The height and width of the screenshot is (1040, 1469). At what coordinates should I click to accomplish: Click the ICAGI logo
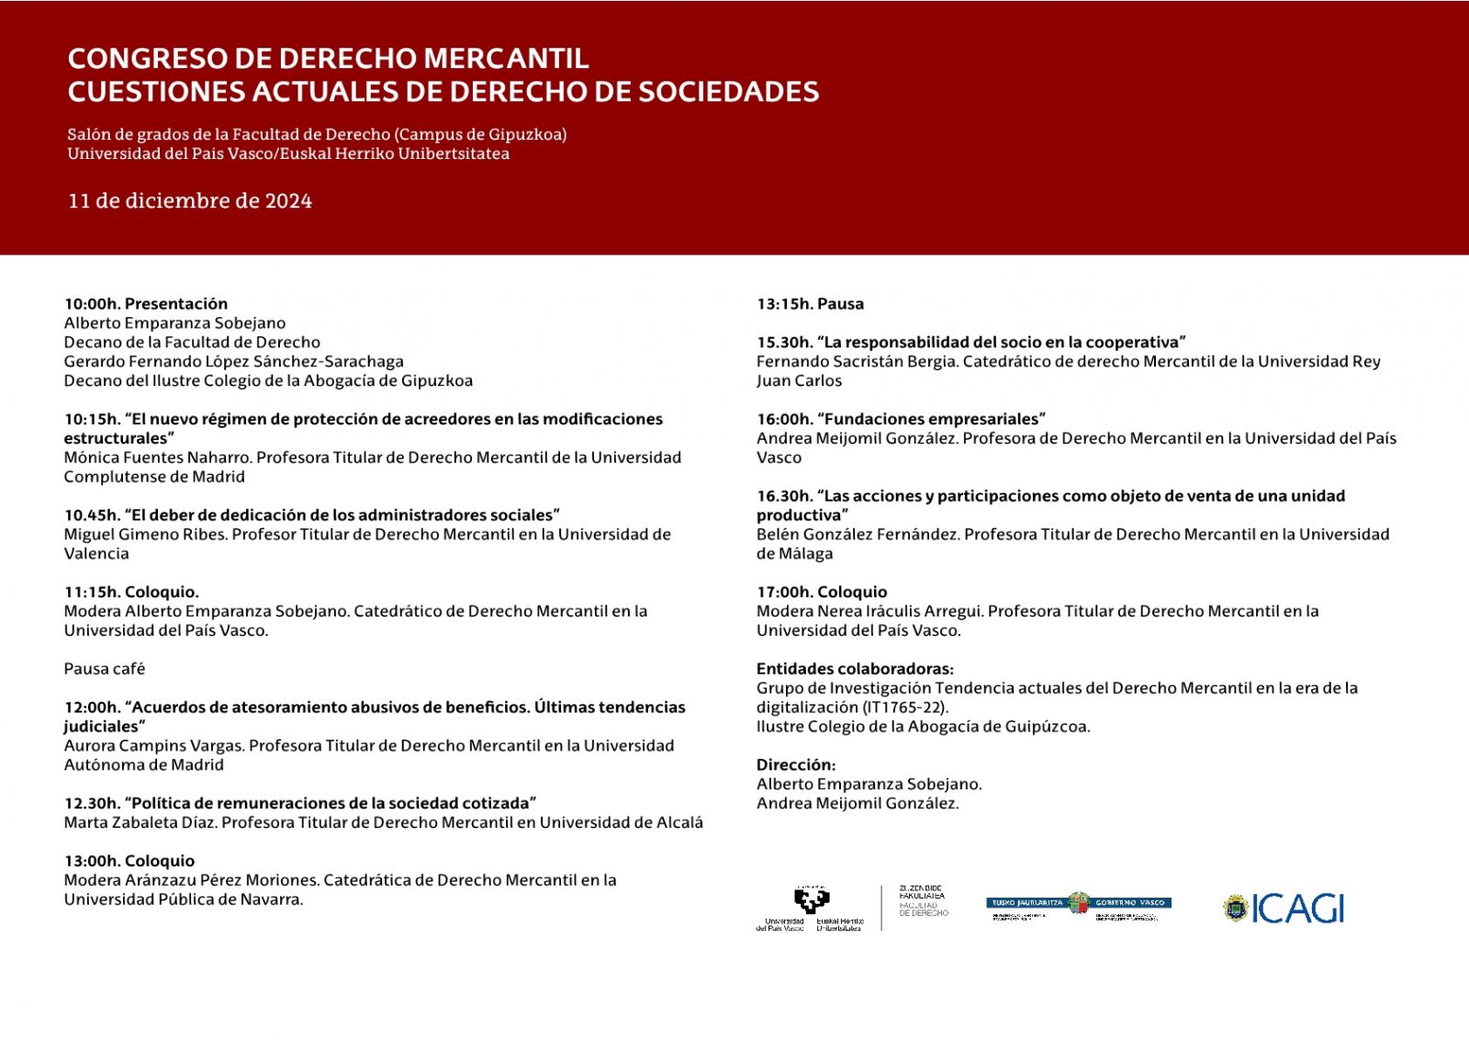(x=1284, y=909)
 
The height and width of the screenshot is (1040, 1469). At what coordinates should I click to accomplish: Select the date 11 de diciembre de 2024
(x=190, y=201)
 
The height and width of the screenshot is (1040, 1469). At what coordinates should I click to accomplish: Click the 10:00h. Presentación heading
(x=146, y=304)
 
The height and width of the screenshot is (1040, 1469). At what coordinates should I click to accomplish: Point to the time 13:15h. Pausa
(x=810, y=304)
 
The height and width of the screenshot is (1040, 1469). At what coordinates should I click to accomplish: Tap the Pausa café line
(x=105, y=669)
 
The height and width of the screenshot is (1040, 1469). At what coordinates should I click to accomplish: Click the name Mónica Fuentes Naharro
(x=157, y=458)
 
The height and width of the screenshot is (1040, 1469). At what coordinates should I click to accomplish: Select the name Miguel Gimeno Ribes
(x=144, y=535)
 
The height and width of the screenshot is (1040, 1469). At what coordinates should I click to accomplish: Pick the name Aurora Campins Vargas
(x=153, y=746)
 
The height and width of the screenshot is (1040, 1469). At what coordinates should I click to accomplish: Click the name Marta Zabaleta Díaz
(x=140, y=822)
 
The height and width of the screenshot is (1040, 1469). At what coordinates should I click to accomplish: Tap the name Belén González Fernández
(x=856, y=535)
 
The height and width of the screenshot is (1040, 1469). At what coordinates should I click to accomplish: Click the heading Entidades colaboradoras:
(x=855, y=669)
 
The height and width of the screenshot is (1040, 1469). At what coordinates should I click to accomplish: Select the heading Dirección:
(x=796, y=764)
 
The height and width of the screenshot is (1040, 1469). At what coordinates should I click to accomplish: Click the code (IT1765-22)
(x=904, y=707)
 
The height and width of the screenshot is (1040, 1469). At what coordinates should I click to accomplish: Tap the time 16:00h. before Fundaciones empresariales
(x=784, y=419)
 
